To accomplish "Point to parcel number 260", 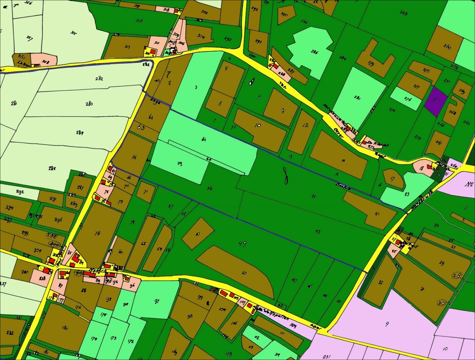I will coord(448,47).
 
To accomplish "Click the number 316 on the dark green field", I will coord(139,20).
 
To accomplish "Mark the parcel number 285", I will coord(52,168).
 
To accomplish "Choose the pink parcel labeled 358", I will coord(45,61).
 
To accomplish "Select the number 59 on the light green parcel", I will coord(180,163).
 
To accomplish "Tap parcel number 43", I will coord(318,232).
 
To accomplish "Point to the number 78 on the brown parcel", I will coord(97,233).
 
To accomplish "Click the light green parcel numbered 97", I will coord(156,300).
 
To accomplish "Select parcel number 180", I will coord(64,328).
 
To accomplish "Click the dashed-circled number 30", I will coord(441,303).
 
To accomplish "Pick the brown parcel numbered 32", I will coord(380,281).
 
